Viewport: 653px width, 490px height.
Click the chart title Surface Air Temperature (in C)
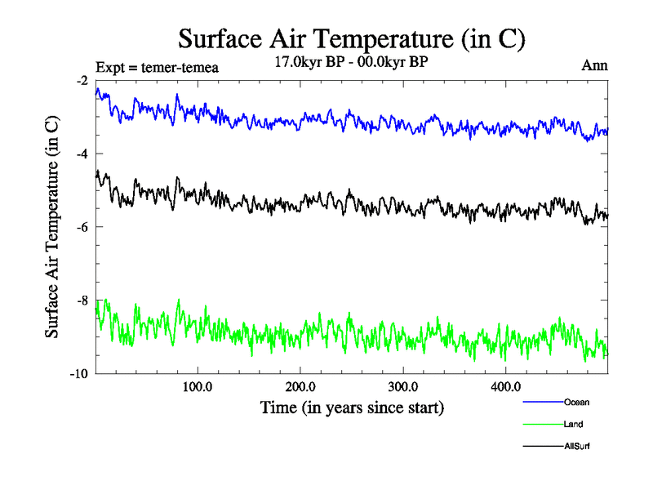click(351, 38)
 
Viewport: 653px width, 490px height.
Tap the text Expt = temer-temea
click(157, 67)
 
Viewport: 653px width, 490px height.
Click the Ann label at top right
click(594, 65)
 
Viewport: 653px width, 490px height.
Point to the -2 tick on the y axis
click(82, 81)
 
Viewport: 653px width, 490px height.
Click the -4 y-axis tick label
click(82, 154)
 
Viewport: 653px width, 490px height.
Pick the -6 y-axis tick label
click(82, 227)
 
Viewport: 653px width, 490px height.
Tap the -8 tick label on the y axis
click(82, 301)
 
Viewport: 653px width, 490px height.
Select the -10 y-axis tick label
click(79, 374)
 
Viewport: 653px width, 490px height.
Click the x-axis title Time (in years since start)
click(352, 407)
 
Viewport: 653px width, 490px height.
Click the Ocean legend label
click(575, 402)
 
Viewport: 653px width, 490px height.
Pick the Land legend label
click(573, 425)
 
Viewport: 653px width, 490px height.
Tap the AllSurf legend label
click(576, 447)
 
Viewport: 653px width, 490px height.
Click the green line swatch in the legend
click(542, 425)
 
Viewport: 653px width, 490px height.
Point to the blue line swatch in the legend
click(542, 402)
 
